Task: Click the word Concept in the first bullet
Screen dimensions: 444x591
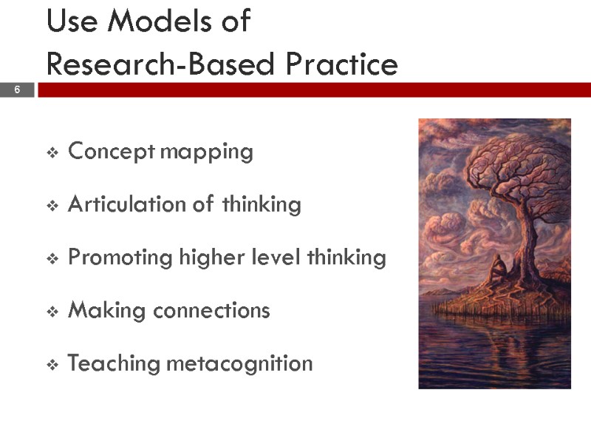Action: pos(112,152)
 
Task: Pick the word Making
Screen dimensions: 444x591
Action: pos(107,311)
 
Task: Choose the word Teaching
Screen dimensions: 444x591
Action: pos(114,363)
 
